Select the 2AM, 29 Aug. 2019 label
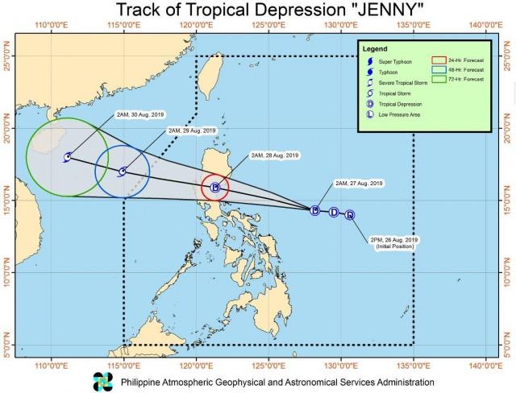coord(192,130)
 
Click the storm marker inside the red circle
coord(215,188)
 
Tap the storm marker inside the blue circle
coord(123,171)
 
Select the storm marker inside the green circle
coord(67,156)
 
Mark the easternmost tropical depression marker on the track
coord(349,214)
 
